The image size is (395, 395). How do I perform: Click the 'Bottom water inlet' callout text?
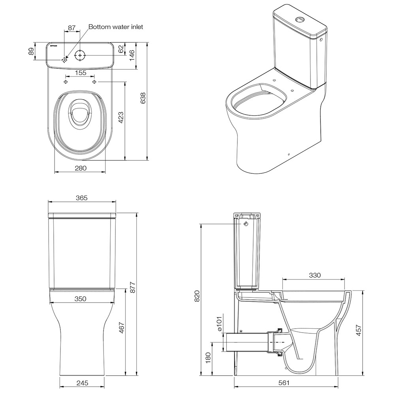click(x=116, y=27)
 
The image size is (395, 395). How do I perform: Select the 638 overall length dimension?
click(x=143, y=98)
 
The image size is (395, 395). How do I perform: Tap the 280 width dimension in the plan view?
click(x=81, y=168)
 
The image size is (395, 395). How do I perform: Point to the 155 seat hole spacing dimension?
click(x=81, y=73)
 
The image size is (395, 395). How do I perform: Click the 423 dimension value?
click(x=121, y=117)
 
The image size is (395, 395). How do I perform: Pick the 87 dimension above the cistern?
click(x=72, y=28)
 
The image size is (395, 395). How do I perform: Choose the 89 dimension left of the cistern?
click(x=31, y=51)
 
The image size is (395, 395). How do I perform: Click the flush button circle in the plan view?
click(x=80, y=55)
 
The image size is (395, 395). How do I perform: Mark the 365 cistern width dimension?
click(x=82, y=198)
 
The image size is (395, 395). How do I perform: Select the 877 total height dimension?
click(x=133, y=288)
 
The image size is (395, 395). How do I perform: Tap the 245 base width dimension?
click(x=83, y=383)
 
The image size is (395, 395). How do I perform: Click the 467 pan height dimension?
click(x=122, y=327)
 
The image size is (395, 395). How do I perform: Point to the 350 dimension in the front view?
click(x=80, y=299)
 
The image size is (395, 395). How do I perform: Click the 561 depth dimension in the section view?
click(x=284, y=383)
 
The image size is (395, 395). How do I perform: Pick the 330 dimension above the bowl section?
click(x=315, y=275)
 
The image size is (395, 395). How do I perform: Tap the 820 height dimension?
click(x=197, y=296)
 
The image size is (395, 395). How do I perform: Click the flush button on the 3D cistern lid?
click(x=300, y=19)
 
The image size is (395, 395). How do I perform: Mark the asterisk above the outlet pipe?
click(x=241, y=331)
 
